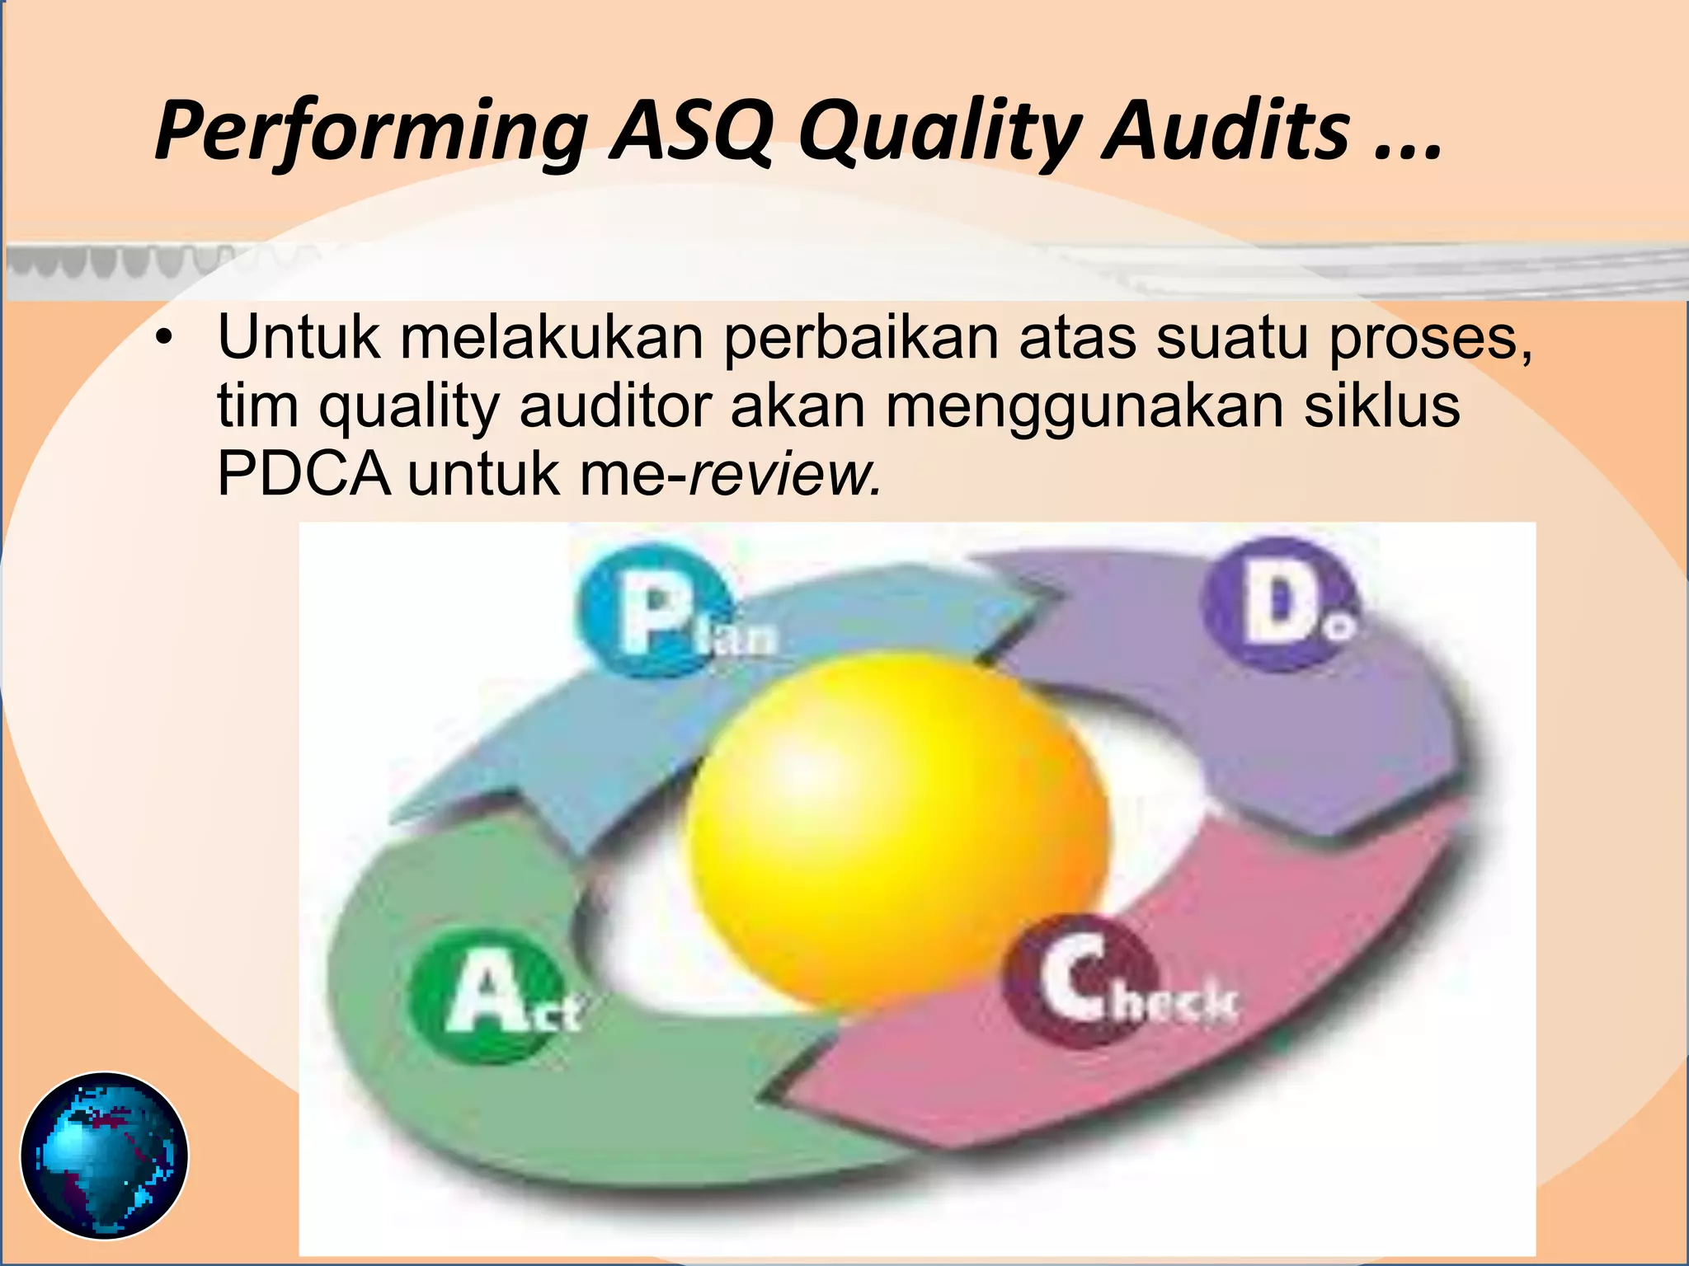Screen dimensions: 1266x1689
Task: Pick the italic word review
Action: (x=783, y=475)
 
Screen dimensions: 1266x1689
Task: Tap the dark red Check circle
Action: (x=1077, y=981)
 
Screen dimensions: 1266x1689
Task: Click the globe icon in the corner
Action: (x=105, y=1155)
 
